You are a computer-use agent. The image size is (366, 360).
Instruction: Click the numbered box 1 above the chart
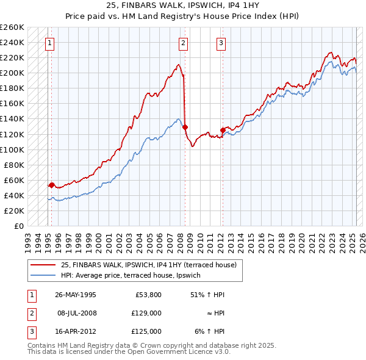(49, 43)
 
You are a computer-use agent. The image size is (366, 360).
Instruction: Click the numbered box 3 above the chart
(221, 43)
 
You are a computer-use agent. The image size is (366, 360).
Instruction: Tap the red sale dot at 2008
(185, 127)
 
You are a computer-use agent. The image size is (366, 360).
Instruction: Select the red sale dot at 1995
(51, 184)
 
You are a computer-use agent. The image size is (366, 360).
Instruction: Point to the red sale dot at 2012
(223, 130)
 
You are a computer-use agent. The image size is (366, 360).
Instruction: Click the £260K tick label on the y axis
(12, 27)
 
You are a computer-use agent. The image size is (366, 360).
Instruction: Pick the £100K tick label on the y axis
(12, 149)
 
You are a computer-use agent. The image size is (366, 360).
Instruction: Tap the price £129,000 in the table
(145, 312)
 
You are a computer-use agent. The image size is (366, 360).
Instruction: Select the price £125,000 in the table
(145, 331)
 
